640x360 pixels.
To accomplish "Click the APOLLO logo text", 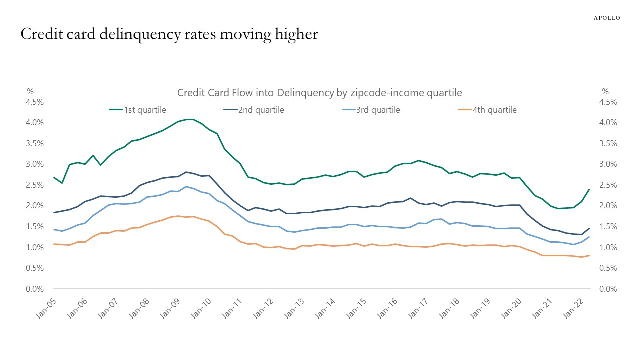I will pos(607,18).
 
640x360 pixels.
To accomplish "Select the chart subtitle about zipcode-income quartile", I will pos(320,93).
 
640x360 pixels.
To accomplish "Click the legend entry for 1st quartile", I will pos(138,110).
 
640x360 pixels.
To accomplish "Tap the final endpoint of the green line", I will pos(589,189).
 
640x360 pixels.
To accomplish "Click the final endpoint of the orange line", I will pos(589,255).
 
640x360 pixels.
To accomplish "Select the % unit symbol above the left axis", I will pos(30,91).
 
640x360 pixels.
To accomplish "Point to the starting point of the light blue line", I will pos(53,229).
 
